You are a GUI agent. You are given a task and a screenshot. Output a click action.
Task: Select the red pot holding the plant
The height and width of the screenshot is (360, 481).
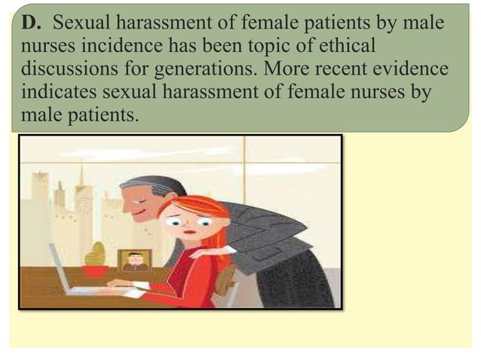(x=96, y=270)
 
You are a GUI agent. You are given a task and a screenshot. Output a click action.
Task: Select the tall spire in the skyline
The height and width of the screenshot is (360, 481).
(x=81, y=177)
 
